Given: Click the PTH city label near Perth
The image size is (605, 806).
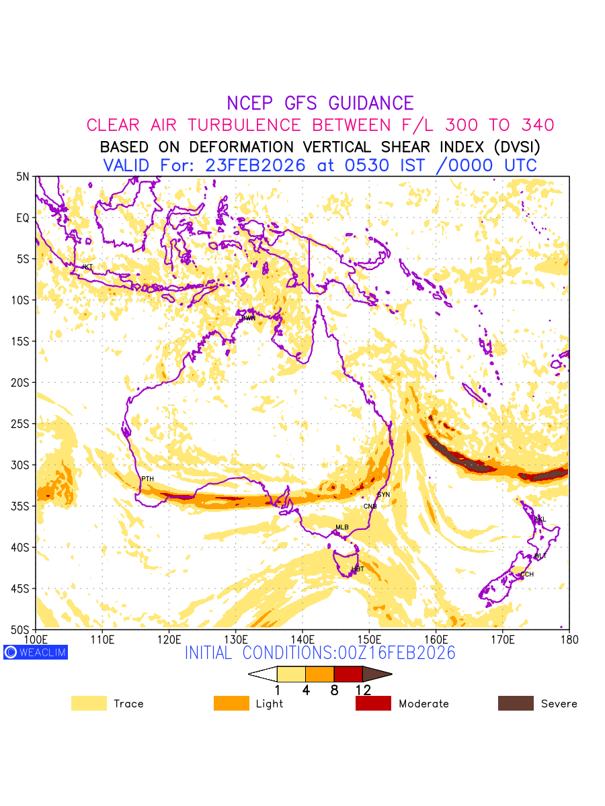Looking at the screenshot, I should (147, 479).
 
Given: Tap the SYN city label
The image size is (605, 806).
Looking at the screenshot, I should (384, 495).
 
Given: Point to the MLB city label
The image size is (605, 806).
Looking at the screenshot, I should (342, 527).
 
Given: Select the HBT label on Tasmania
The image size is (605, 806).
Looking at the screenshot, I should (358, 570).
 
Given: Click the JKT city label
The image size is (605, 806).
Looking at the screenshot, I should (87, 267).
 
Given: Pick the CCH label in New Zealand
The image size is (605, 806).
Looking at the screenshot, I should (527, 574).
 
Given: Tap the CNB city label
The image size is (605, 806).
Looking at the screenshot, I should (370, 506).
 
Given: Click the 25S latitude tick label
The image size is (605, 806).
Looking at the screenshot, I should (22, 424).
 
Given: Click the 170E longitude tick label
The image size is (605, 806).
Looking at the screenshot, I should (503, 638).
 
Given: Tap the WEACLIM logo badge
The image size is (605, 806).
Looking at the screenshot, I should (36, 652).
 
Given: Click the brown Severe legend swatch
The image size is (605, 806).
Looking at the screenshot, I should (516, 703).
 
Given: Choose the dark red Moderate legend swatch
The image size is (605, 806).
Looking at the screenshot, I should (373, 703).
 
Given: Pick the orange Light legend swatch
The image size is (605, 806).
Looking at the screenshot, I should (231, 703).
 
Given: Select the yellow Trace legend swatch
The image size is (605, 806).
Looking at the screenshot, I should (89, 703).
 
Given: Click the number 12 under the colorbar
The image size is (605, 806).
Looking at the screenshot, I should (363, 690).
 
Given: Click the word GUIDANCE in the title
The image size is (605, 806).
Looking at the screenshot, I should (371, 103).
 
